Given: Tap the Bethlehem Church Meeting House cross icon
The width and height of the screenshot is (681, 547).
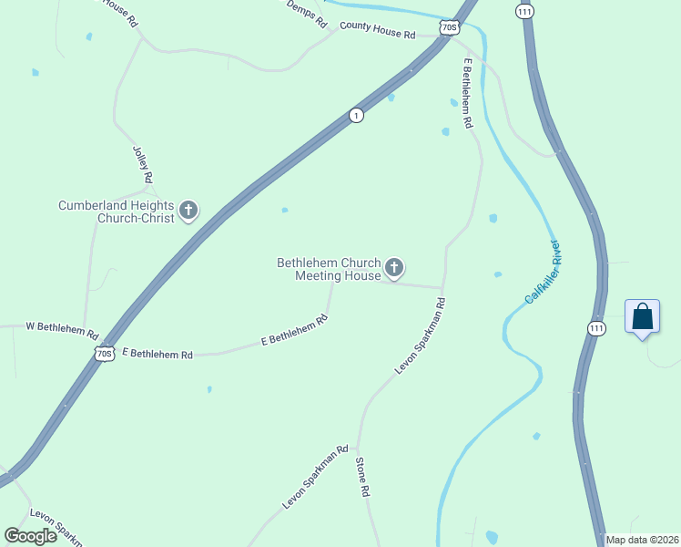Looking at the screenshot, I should coord(394,268).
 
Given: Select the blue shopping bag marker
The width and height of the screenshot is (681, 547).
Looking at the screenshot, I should coord(642,317).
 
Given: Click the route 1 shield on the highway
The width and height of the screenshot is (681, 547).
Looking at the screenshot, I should coord(356,115).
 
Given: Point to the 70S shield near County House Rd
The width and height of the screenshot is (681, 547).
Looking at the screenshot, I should coord(448,28).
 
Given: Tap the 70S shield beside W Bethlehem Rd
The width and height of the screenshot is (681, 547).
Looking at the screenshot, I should coord(105,353).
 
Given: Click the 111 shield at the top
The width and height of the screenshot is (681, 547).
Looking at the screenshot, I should coord(523,11).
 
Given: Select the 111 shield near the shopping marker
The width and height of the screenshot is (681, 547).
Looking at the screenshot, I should coord(596,328).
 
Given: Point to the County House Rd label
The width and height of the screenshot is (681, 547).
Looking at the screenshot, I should coord(377,30).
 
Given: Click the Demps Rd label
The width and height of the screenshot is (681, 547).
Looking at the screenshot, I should coord(306,15).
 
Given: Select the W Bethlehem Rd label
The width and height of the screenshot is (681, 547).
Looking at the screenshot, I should coord(62,328).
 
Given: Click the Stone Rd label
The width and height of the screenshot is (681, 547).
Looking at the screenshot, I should coord(362,476).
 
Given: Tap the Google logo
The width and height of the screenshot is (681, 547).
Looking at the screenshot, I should coord(31,535).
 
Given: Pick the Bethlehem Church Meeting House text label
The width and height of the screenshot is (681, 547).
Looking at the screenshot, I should coord(329,269).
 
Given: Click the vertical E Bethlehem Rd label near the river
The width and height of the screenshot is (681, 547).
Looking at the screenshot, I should coord(468,97).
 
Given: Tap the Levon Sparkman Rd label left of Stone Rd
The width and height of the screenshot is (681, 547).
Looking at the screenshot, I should coord(316,477).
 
